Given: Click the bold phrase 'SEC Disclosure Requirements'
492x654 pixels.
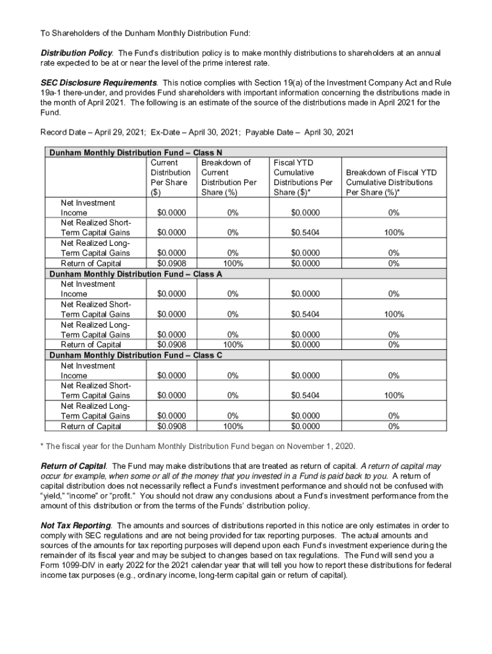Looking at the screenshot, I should tap(98, 83).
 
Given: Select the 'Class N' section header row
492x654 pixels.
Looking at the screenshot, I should tap(135, 152).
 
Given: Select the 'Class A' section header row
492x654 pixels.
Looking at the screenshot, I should tap(135, 273).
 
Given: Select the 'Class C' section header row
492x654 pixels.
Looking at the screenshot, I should tap(135, 355).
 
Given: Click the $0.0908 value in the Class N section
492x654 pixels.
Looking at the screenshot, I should tap(172, 263).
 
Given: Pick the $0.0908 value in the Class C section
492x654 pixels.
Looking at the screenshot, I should tap(172, 427).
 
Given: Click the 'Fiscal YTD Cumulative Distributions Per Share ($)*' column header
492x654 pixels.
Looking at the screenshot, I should tap(303, 178).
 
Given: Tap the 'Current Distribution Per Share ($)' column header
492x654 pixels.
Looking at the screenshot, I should tap(170, 178).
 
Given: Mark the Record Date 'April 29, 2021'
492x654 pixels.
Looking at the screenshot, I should tap(119, 132).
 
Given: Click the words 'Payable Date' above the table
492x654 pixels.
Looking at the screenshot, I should tap(275, 132).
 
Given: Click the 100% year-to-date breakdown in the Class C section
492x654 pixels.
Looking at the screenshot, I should tap(394, 396).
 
